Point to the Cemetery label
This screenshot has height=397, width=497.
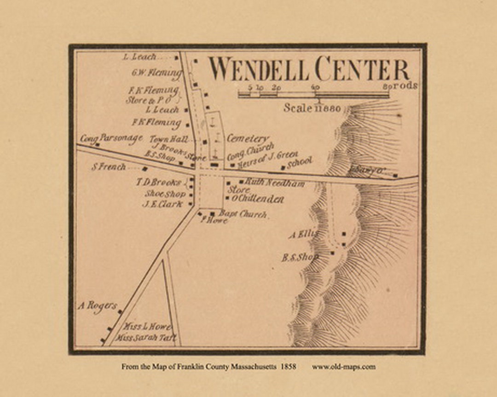tap(248, 138)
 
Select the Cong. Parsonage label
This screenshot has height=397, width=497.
tap(111, 138)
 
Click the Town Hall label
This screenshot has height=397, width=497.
tap(169, 139)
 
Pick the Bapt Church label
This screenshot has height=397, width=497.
tap(243, 214)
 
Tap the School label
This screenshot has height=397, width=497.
tap(300, 163)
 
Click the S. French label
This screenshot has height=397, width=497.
tap(109, 167)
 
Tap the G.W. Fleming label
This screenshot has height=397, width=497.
tap(156, 73)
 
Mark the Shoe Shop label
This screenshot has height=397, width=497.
tap(165, 194)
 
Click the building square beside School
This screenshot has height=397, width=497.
tap(283, 167)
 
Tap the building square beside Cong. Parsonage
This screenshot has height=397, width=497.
tap(98, 144)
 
